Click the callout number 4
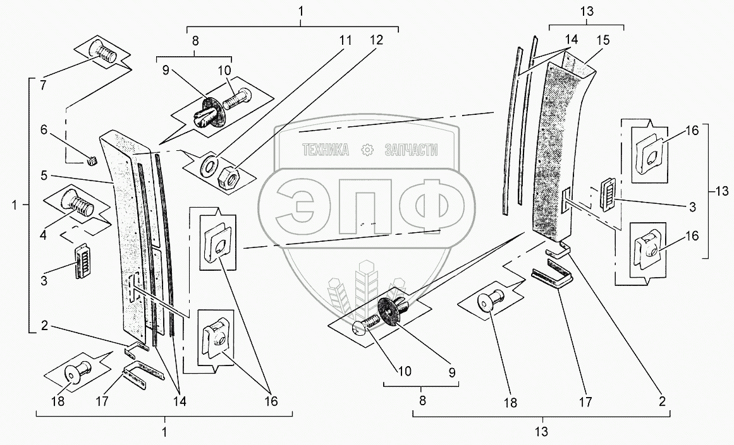click(x=43, y=234)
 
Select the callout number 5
click(x=44, y=175)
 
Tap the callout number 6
click(x=44, y=129)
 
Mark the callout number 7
click(x=44, y=86)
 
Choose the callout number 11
click(x=345, y=40)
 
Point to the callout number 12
click(x=376, y=40)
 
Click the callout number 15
click(x=603, y=40)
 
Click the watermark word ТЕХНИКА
click(x=326, y=150)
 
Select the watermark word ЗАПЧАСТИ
click(x=411, y=150)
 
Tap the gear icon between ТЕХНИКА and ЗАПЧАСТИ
click(x=367, y=150)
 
